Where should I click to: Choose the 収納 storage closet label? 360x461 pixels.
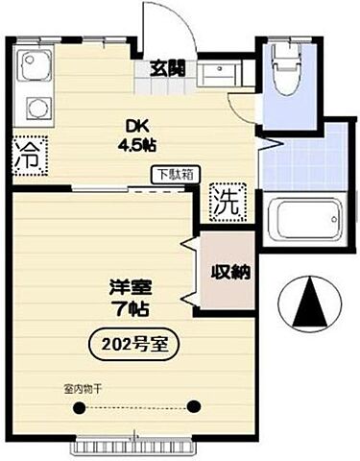pyautogui.click(x=230, y=272)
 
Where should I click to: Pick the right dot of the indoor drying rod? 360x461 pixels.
pyautogui.click(x=195, y=406)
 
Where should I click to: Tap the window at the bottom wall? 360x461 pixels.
pyautogui.click(x=136, y=446)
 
